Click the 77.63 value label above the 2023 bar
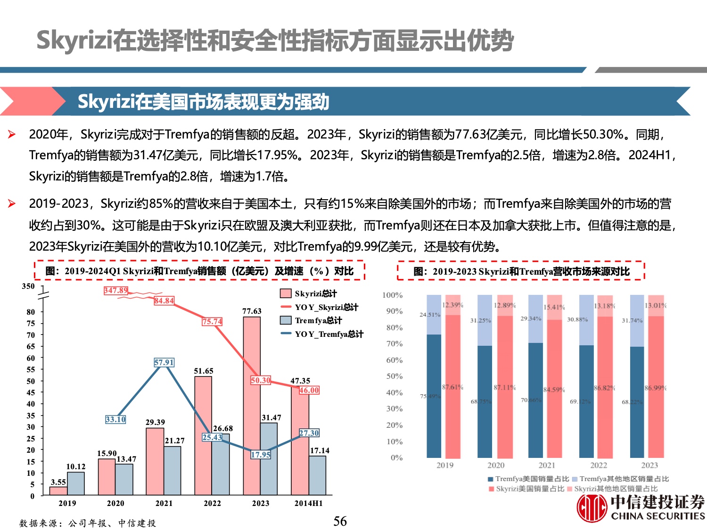(252, 311)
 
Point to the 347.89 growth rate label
(116, 291)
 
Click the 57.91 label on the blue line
(164, 362)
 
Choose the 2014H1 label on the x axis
(309, 503)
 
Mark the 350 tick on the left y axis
(28, 286)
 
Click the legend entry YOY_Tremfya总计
(329, 334)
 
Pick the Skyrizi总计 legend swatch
(286, 294)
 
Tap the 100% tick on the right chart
(392, 295)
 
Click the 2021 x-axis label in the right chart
(547, 465)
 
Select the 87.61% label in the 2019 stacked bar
(452, 387)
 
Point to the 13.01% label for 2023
(655, 306)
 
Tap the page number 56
(340, 521)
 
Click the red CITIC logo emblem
(592, 508)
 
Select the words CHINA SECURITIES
(658, 516)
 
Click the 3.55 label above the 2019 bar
(58, 482)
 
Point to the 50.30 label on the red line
(261, 380)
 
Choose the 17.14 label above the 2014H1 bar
(320, 451)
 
